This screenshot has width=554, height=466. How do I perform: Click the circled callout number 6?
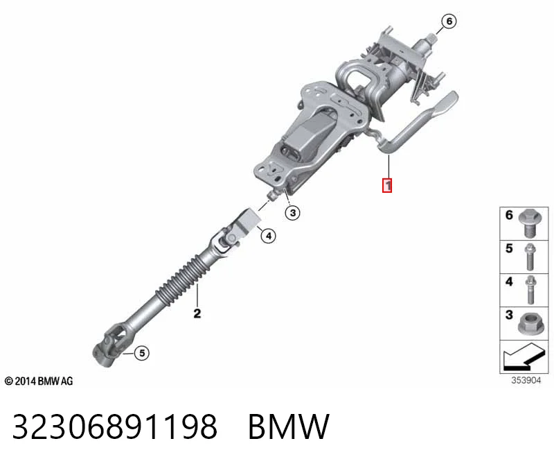point(449,21)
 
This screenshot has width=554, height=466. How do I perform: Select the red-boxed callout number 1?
point(387,185)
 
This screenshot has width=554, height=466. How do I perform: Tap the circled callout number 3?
point(292,213)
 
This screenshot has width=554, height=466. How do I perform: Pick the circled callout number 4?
point(268,236)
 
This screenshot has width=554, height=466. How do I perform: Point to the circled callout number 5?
point(142,353)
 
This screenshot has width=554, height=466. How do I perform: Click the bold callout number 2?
point(197,313)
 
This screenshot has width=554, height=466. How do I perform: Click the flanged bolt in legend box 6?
point(530,223)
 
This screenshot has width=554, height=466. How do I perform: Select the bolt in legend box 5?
point(530,257)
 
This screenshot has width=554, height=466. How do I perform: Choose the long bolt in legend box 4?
point(530,290)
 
